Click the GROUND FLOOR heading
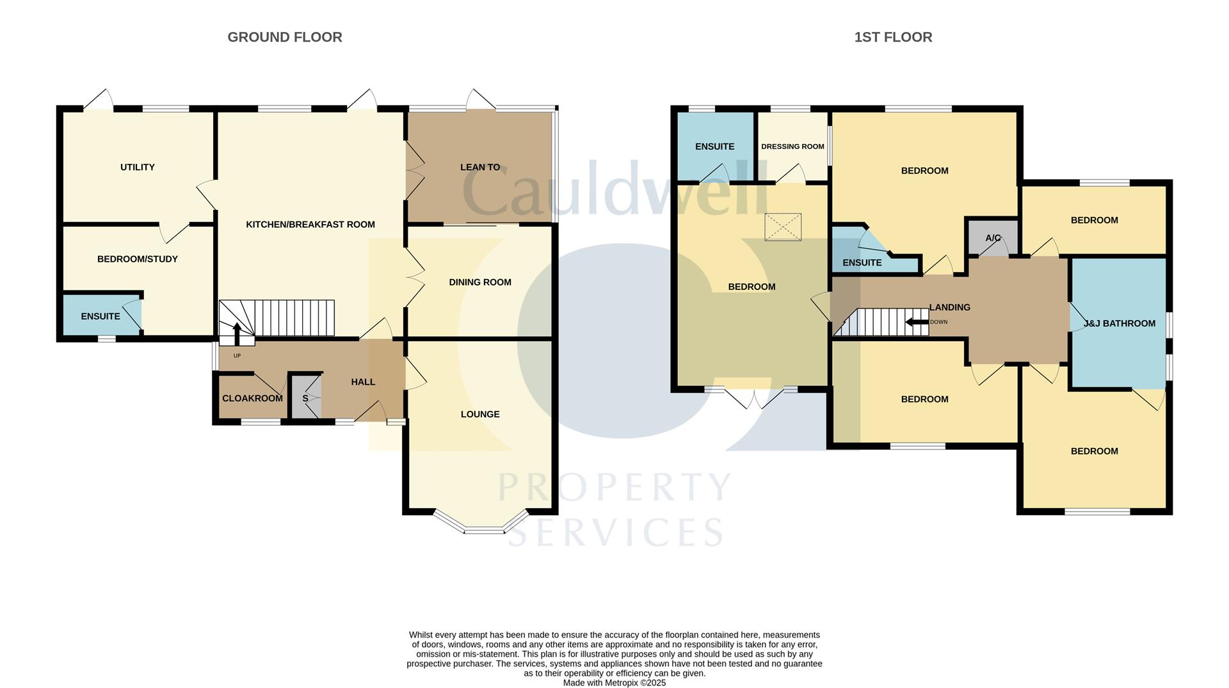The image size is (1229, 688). coord(285,37)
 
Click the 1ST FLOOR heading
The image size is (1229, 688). coord(893,37)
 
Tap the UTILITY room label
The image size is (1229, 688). coord(138,167)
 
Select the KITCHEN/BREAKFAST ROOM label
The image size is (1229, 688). coord(310,225)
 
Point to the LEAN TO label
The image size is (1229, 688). coord(480,167)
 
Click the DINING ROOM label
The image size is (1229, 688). coord(480,282)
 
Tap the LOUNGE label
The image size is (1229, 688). coord(480,414)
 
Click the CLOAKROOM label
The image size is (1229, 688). coord(252,399)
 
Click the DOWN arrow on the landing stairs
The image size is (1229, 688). coord(917,322)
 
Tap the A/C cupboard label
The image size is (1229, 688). coord(993,238)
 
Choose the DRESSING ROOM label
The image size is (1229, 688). coord(792,147)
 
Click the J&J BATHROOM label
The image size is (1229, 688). coord(1120,323)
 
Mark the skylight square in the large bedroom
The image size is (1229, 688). coord(783,228)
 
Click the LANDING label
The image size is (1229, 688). coord(950,307)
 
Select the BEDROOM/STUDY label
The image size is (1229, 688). coord(138,259)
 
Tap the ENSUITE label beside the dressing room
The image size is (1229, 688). coord(714,147)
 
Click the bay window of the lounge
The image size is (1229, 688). coord(483,529)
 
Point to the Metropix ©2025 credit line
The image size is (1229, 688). coord(614,683)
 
